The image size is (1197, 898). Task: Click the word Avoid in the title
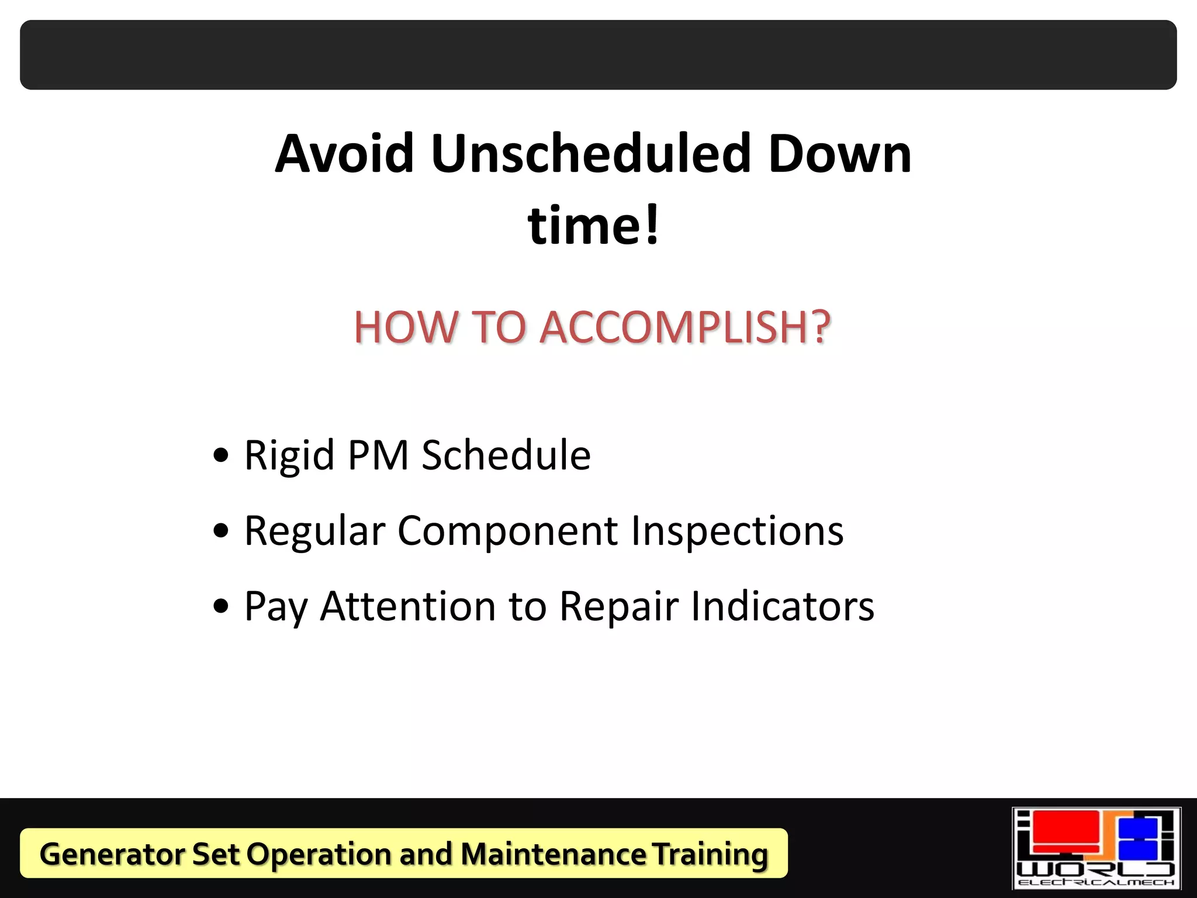coord(345,154)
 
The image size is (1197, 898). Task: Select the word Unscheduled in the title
coord(591,154)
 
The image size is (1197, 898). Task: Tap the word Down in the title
coord(840,154)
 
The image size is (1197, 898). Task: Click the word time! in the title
coord(594,226)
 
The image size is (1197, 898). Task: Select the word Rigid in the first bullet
coord(289,456)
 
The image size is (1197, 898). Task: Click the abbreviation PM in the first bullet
coord(378,455)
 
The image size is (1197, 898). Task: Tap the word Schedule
coord(506,455)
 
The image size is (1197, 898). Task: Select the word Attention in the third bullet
coord(408,606)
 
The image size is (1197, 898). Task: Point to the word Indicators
coord(783,606)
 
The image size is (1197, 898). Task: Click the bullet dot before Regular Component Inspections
coord(221,531)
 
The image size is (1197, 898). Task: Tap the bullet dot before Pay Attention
coord(221,606)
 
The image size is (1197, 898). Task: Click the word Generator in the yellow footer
coord(112,854)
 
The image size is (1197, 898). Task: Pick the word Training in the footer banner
coord(710,854)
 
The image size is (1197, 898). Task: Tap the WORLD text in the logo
coord(1096,868)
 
